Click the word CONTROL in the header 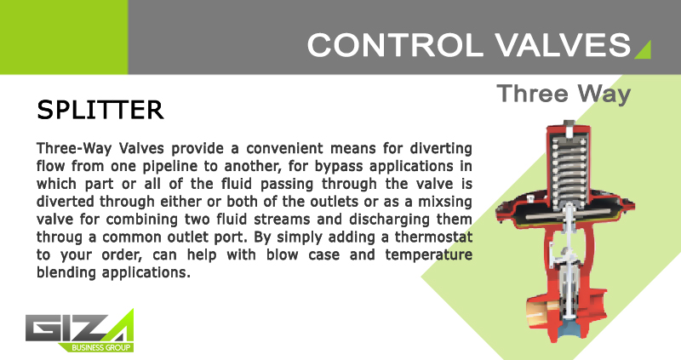395,45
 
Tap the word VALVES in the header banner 564,45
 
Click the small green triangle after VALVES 644,50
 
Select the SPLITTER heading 100,110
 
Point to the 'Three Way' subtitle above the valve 564,94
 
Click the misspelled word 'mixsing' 444,203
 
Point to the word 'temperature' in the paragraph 428,255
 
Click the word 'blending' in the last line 66,273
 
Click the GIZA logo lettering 79,327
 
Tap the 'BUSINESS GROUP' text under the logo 100,347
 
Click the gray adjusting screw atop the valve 569,128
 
